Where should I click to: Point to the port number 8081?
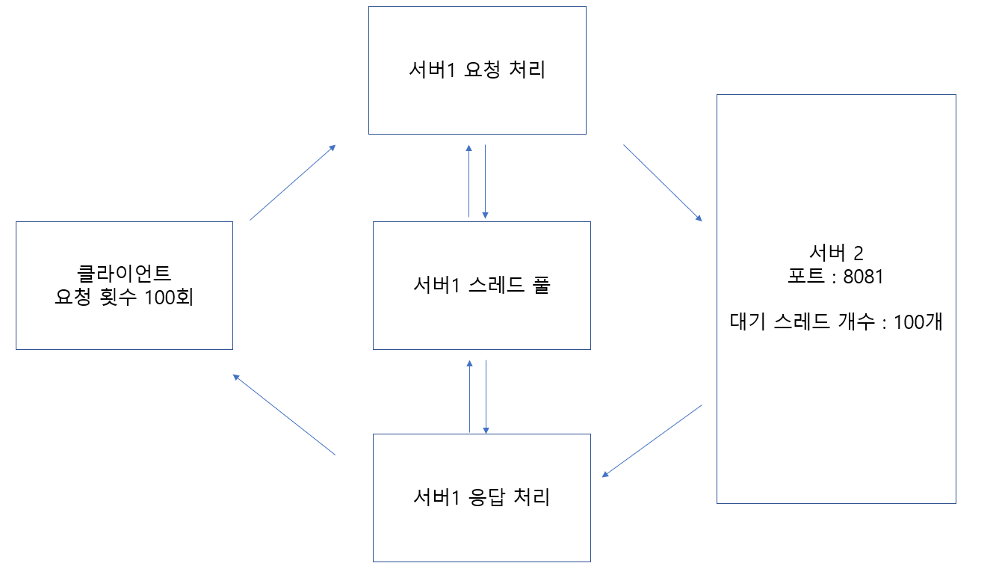[863, 277]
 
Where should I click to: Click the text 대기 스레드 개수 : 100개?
[835, 322]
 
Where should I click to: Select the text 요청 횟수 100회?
[125, 297]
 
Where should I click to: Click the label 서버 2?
[836, 252]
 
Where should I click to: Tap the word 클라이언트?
[125, 272]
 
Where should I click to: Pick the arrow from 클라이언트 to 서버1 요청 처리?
[292, 182]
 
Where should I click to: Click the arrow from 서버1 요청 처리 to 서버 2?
[663, 182]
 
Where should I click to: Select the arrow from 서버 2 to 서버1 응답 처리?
[652, 440]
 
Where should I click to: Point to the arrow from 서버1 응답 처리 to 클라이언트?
[284, 414]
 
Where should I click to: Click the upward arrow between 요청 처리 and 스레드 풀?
[468, 181]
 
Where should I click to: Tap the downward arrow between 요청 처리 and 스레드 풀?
[486, 181]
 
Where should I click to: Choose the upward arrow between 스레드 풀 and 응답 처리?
[469, 396]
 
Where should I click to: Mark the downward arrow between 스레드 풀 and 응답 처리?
[486, 396]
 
